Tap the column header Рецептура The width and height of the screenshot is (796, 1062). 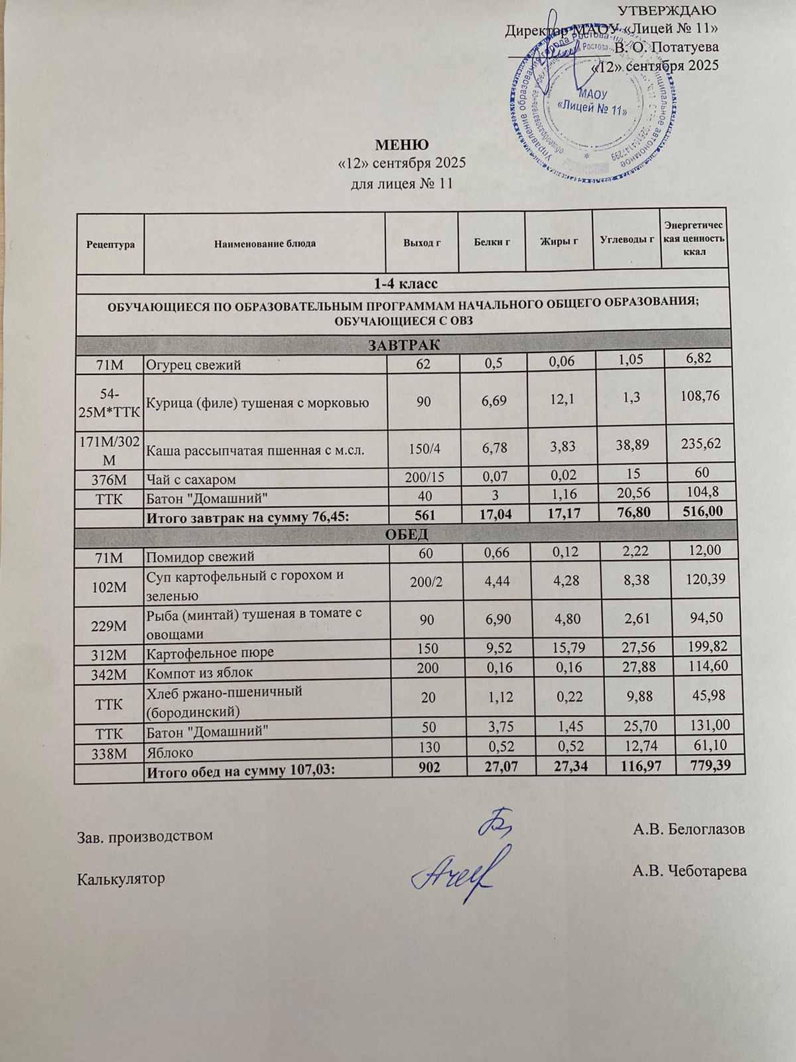(x=110, y=244)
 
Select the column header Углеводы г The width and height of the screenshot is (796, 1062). (x=627, y=240)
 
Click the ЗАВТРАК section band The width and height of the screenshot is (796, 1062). (x=405, y=345)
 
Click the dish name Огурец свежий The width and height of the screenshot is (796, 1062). (x=194, y=364)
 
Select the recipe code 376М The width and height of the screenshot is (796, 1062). (x=110, y=479)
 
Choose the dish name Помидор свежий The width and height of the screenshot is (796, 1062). (x=200, y=557)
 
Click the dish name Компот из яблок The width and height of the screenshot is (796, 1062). (x=200, y=672)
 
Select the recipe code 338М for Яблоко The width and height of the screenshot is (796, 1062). (x=110, y=753)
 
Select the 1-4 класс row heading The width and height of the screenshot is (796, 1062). (x=405, y=284)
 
